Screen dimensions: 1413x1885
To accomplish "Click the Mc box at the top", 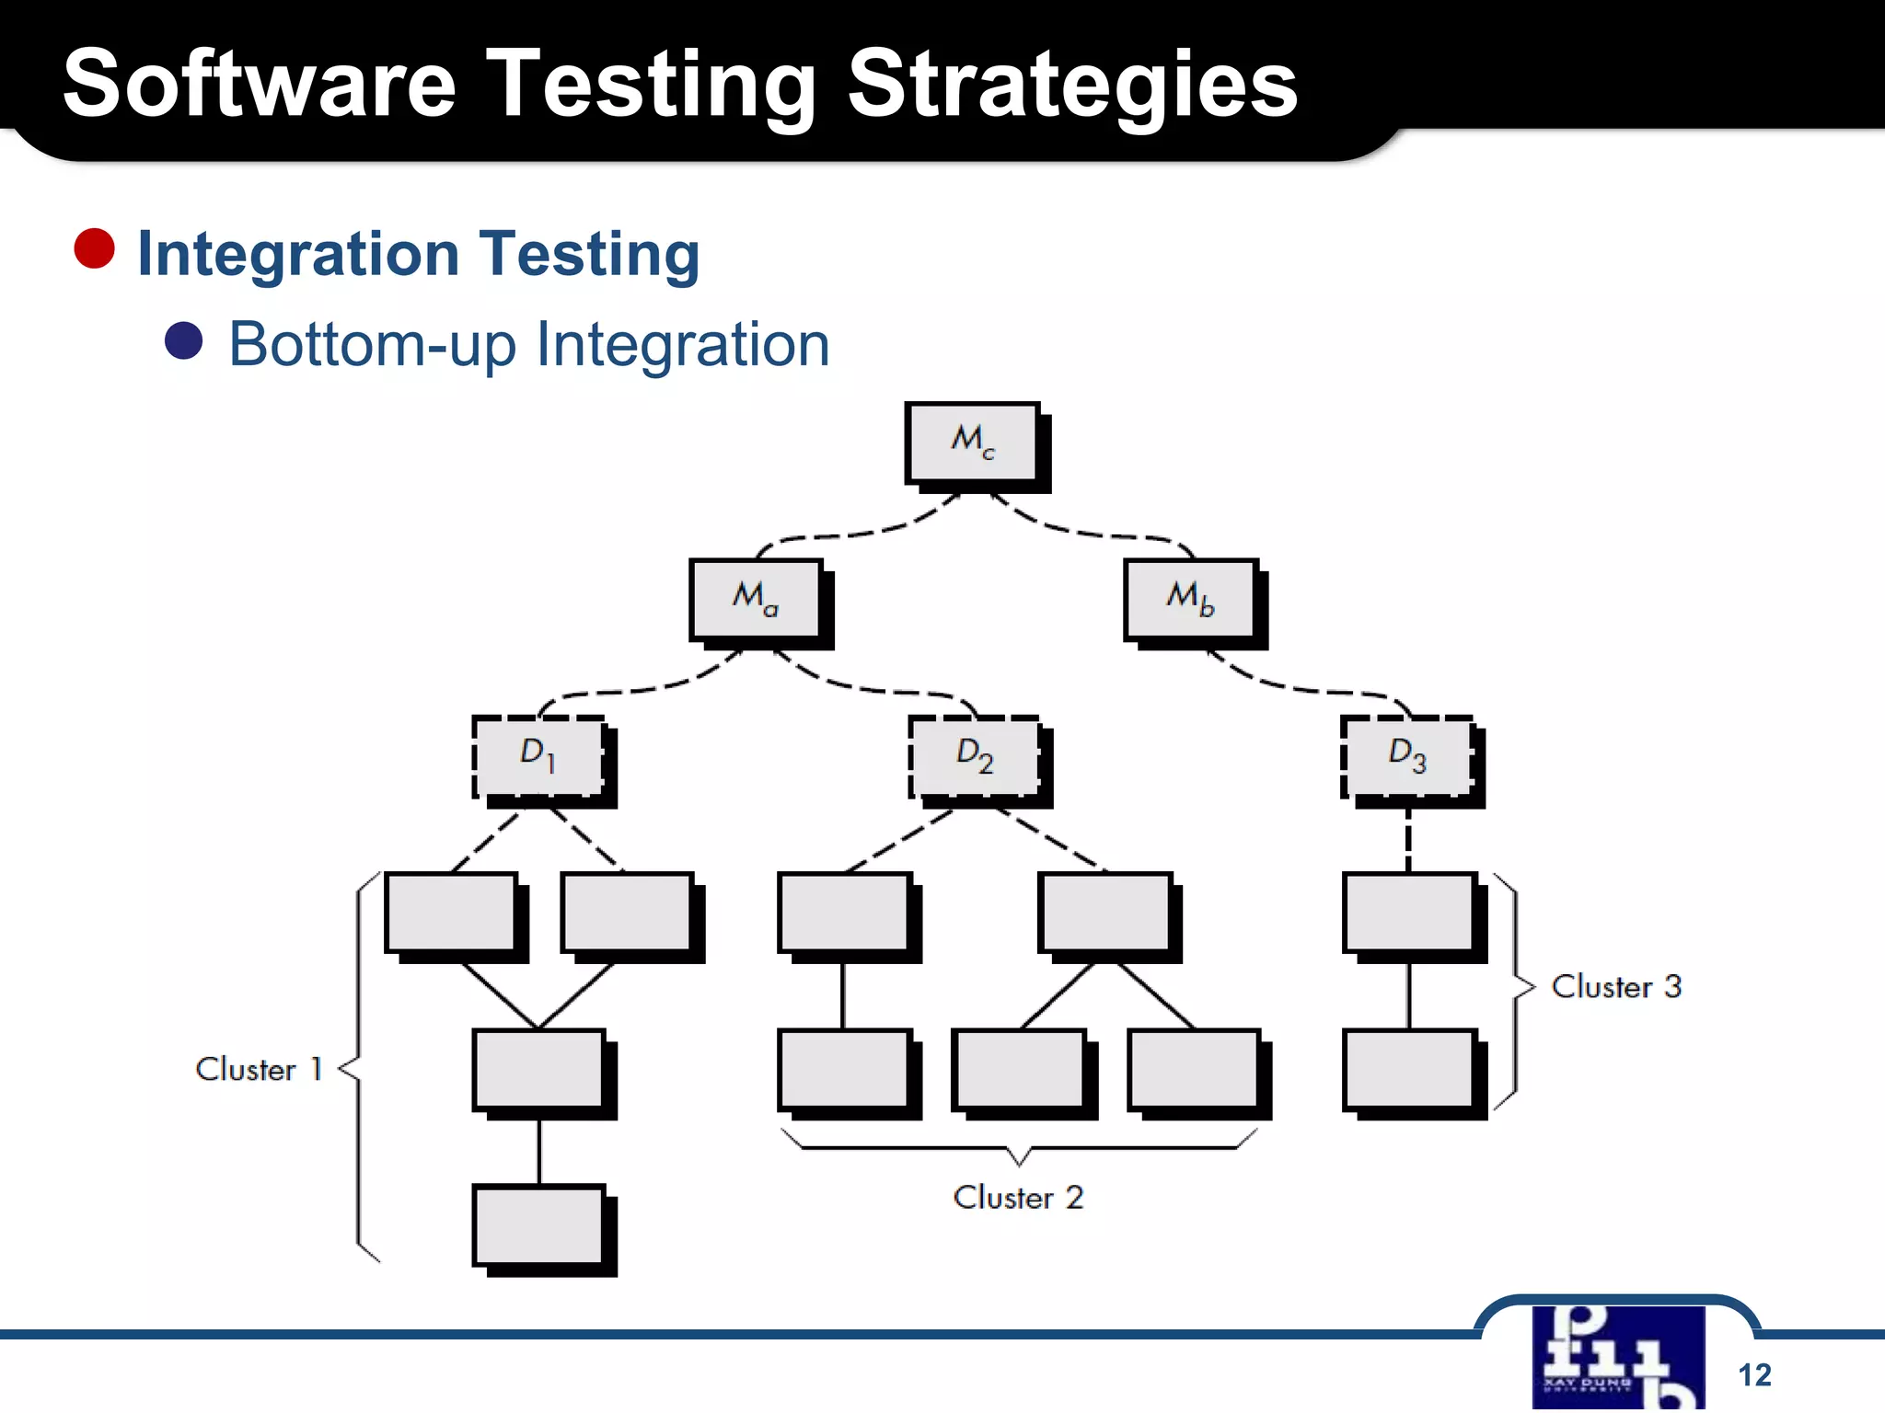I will tap(972, 442).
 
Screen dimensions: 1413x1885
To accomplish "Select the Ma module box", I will tap(756, 599).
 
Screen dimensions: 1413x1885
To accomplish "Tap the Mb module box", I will tap(1190, 599).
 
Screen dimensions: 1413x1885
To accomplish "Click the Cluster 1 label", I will tap(259, 1070).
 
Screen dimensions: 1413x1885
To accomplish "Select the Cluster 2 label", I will tap(1018, 1198).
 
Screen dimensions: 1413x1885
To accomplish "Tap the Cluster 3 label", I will tap(1616, 987).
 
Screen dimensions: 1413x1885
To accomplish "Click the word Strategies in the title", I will tap(1071, 85).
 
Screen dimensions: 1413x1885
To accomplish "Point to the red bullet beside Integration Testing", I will tap(94, 249).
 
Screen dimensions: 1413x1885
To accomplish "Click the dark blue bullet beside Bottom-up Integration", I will tap(183, 341).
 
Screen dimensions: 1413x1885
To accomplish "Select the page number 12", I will tap(1754, 1374).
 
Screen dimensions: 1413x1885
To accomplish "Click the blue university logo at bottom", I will tap(1618, 1356).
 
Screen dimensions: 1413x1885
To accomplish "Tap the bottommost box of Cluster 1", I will tap(539, 1226).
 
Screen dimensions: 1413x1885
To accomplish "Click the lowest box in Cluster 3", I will tap(1409, 1070).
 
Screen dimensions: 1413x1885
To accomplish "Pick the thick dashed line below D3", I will tap(1408, 840).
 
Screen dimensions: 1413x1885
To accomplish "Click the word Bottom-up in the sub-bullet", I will tap(372, 345).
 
